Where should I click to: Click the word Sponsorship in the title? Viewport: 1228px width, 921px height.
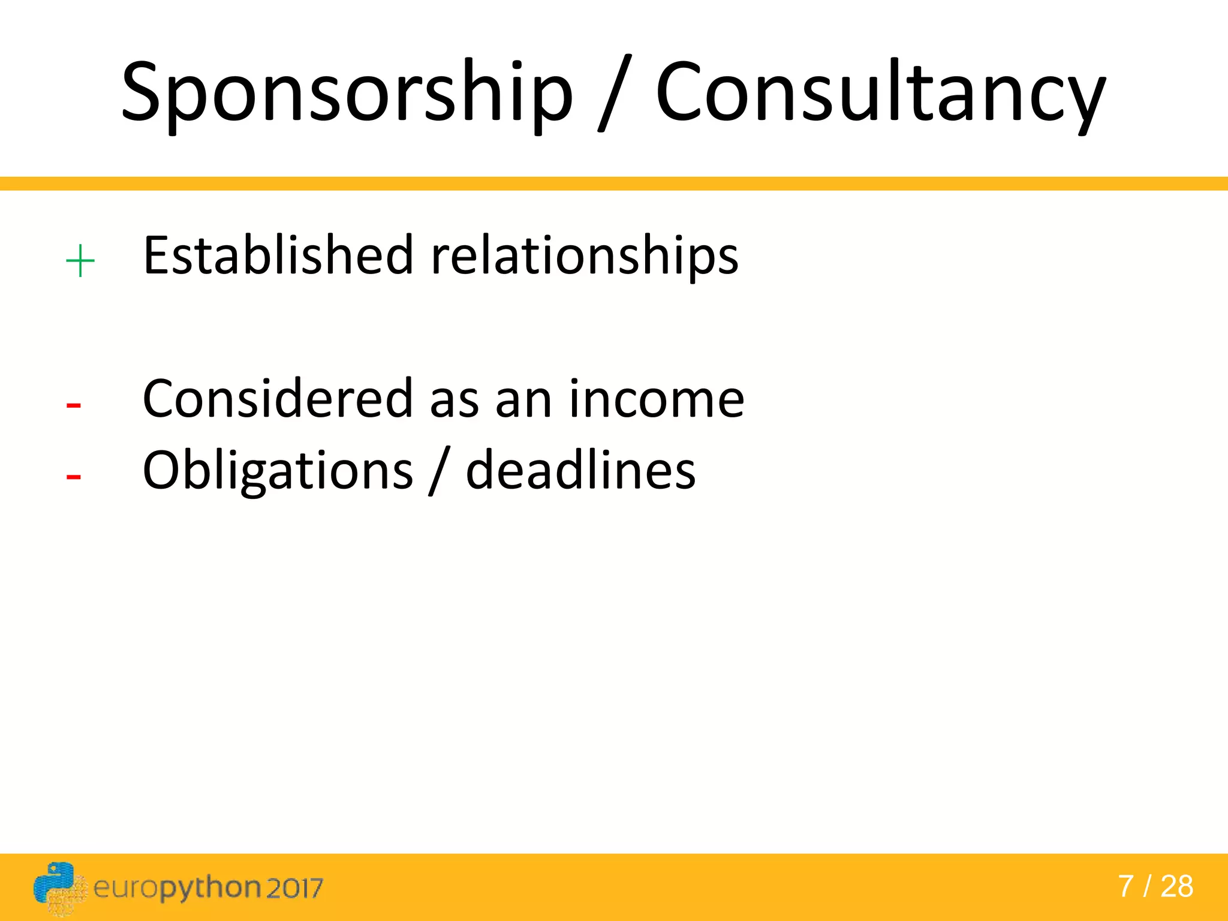347,93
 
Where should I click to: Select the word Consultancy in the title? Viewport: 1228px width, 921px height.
880,93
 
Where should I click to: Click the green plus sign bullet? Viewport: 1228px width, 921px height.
80,262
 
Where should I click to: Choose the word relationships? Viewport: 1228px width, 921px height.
585,258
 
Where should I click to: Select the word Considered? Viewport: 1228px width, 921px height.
278,399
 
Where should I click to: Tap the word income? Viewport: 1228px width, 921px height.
656,399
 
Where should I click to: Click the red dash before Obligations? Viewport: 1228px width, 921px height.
74,477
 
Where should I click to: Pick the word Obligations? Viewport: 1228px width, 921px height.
278,471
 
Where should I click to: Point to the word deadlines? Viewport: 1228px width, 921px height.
580,470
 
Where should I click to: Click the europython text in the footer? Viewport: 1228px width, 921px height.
177,888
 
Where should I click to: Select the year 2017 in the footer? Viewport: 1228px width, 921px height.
294,888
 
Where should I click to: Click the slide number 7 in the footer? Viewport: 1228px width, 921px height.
1125,886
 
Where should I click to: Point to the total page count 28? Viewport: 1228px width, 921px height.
1176,886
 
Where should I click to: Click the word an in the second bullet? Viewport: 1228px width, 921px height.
523,400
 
